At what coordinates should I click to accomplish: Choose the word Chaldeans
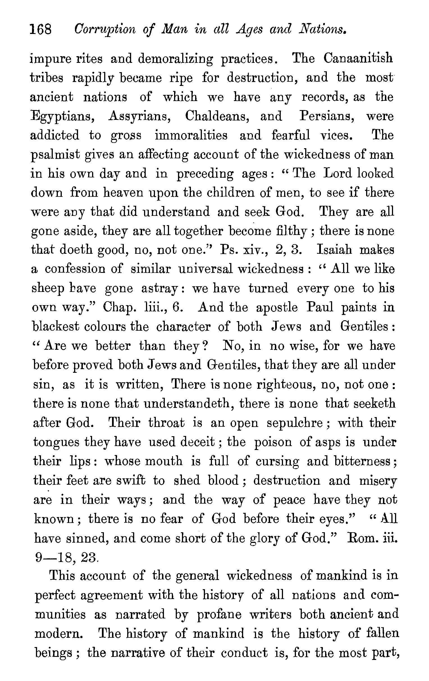217,116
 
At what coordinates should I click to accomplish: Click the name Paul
320,307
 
